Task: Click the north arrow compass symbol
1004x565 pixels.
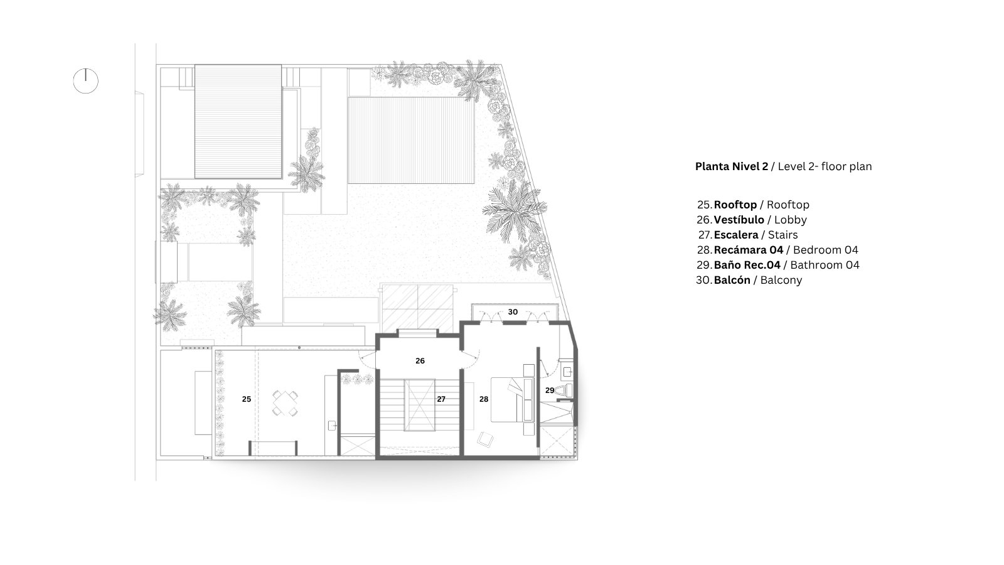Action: [85, 81]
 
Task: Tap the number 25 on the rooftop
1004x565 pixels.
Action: [247, 399]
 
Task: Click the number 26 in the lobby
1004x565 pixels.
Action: [420, 360]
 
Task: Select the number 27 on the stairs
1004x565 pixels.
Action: [441, 399]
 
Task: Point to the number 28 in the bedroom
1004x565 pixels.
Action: [484, 399]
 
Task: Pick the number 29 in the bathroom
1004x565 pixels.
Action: [550, 390]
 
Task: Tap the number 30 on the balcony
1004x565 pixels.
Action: [513, 311]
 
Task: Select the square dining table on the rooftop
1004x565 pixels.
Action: [285, 403]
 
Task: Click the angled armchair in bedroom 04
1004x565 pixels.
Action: [485, 439]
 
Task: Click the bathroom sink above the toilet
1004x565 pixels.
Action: [567, 371]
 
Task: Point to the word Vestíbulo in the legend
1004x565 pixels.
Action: [739, 220]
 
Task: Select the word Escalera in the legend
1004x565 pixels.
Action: [736, 235]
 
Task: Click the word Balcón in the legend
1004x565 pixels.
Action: [732, 280]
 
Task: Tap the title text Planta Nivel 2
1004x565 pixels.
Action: [732, 166]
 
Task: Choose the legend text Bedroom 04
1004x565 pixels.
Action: [826, 250]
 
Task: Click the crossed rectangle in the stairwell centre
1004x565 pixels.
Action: [420, 405]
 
